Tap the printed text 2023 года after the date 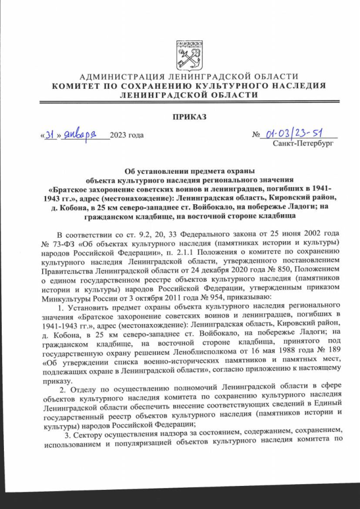127,135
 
